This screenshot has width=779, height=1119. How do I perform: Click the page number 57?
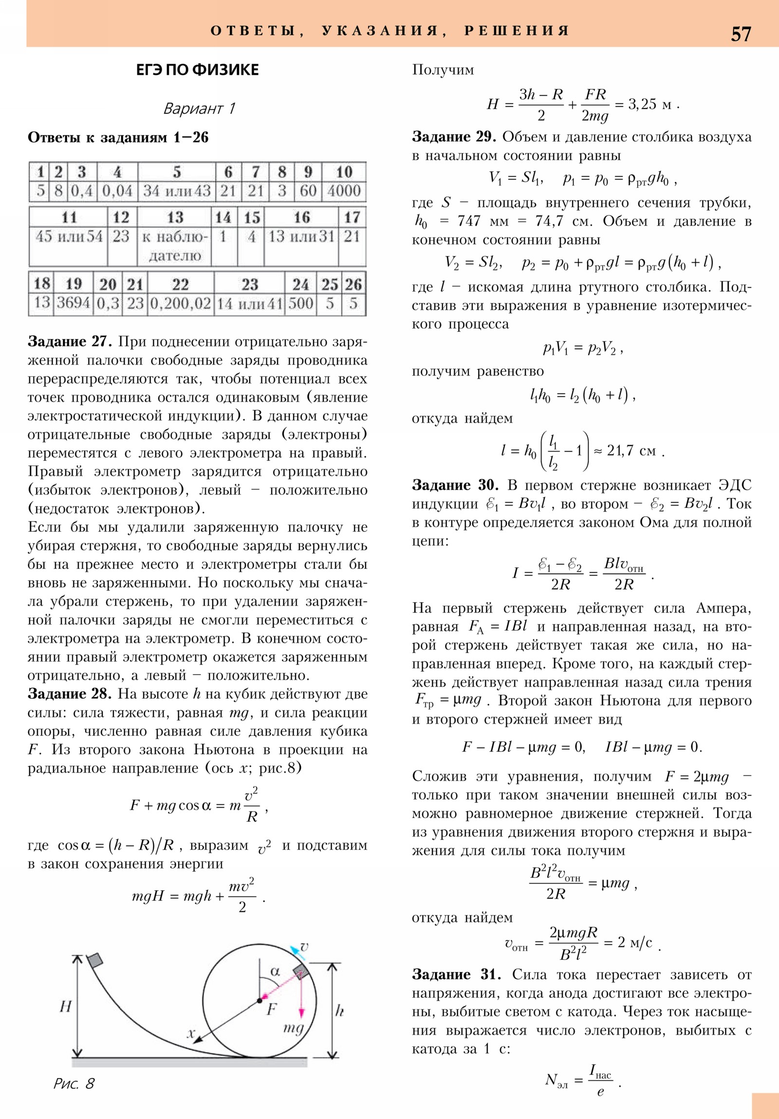pos(741,34)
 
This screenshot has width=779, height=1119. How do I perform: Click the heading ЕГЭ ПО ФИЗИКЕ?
pos(197,70)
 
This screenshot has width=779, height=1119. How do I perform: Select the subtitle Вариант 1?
pos(199,108)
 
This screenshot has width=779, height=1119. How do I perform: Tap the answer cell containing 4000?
pos(344,191)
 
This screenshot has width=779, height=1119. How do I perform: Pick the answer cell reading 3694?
pos(73,303)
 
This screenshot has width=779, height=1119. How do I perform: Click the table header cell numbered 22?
pos(180,284)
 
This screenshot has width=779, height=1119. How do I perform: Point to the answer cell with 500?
pos(300,303)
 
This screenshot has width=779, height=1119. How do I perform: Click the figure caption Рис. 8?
pos(74,1083)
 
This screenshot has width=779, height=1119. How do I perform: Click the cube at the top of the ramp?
pos(95,959)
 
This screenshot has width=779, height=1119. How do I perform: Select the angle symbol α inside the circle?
pos(275,971)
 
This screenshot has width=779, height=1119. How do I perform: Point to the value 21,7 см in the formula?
pos(631,451)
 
